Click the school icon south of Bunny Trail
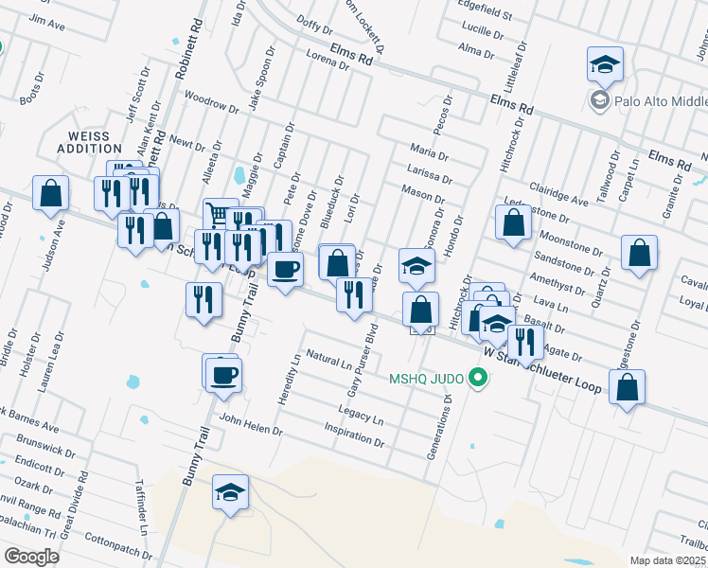coord(229,492)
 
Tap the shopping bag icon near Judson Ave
coord(51,192)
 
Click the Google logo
coord(30,556)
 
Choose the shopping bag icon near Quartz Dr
coord(640,254)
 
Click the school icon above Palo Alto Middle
coord(605,64)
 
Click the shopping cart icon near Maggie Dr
coord(219,214)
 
